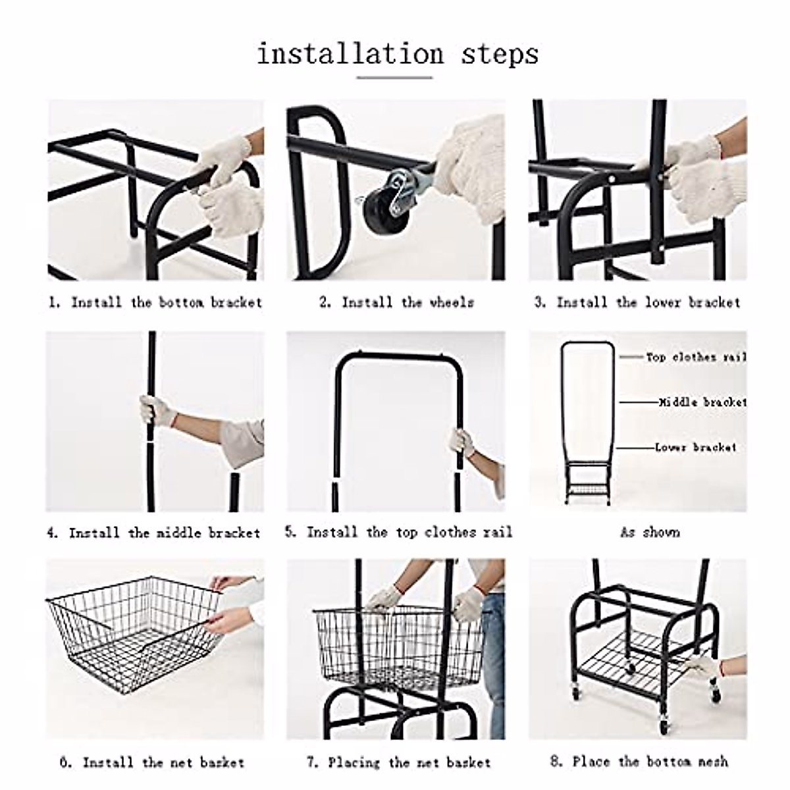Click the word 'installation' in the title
pyautogui.click(x=350, y=53)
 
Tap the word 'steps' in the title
pyautogui.click(x=499, y=53)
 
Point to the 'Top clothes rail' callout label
pyautogui.click(x=695, y=357)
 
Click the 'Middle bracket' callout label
pyautogui.click(x=702, y=402)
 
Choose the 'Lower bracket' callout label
pyautogui.click(x=695, y=447)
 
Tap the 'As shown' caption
pyautogui.click(x=649, y=532)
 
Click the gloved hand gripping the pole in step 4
pyautogui.click(x=151, y=411)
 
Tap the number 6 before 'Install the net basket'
pyautogui.click(x=65, y=762)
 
